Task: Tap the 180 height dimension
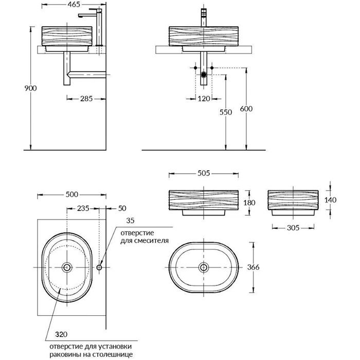tap(249, 203)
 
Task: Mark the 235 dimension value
tap(84, 208)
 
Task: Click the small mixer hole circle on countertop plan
tap(100, 267)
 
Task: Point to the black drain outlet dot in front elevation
tap(205, 75)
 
